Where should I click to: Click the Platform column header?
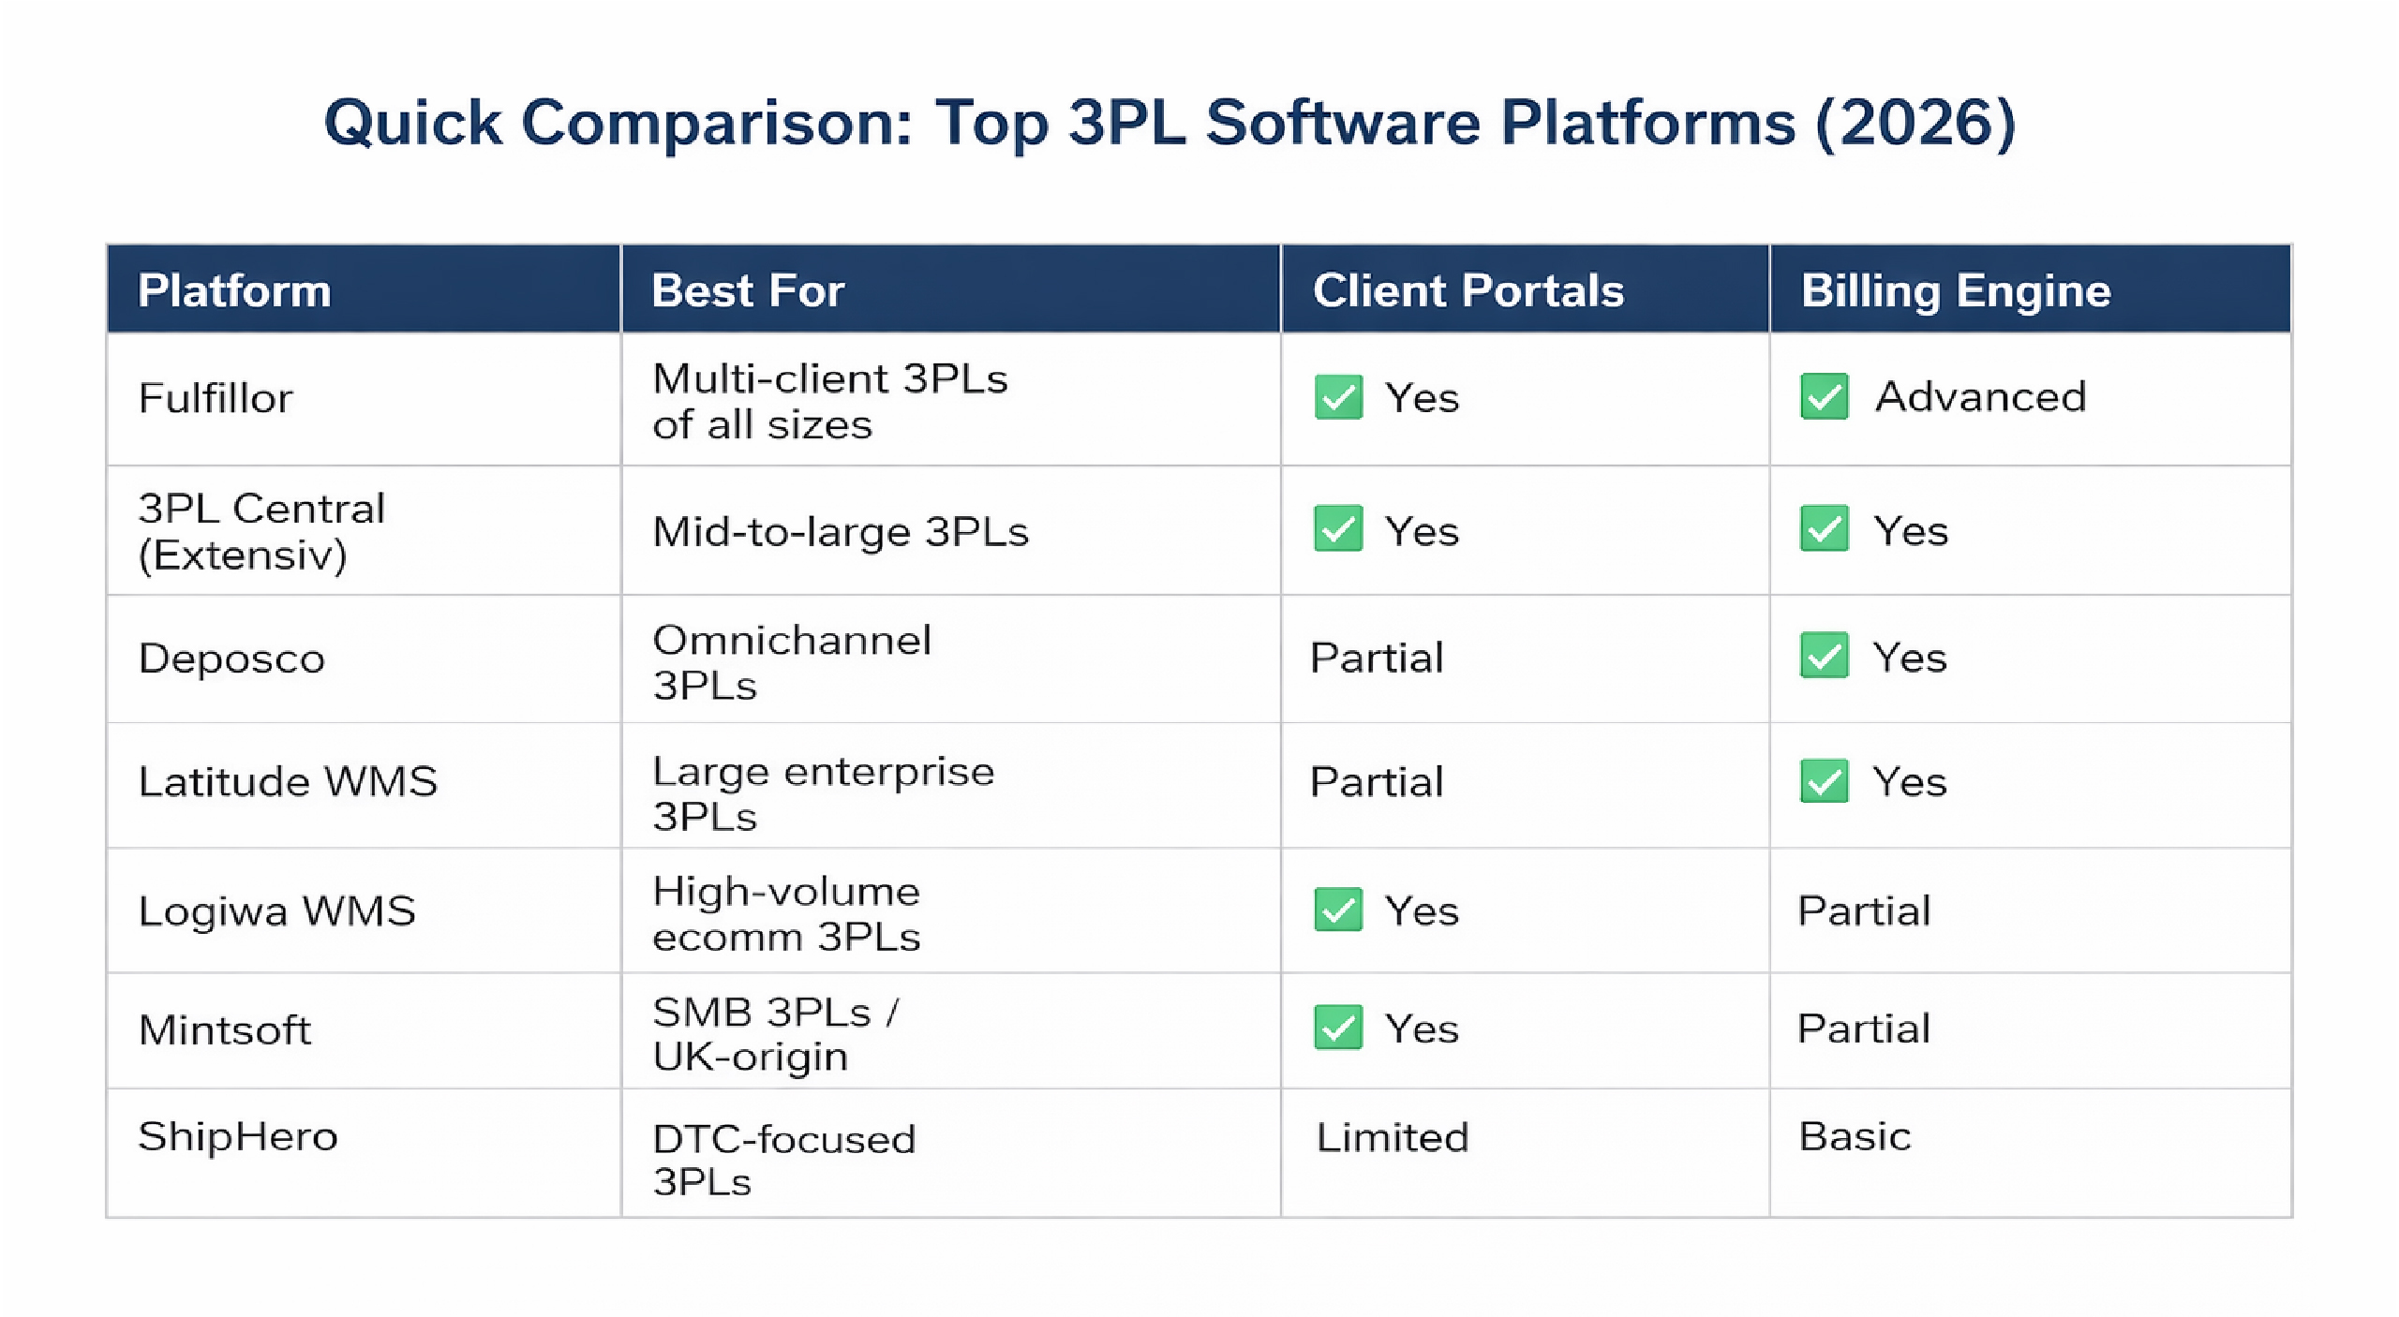click(x=234, y=290)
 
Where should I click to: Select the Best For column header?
click(x=747, y=290)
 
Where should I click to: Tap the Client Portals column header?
click(x=1468, y=290)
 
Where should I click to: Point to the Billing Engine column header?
click(x=1955, y=290)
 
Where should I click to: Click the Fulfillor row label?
click(x=216, y=398)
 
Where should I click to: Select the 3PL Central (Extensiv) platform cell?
click(x=261, y=531)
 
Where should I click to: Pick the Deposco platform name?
click(x=231, y=658)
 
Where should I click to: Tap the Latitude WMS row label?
click(x=287, y=782)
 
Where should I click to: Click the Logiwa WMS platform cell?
click(x=276, y=911)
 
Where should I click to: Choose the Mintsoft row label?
click(x=224, y=1030)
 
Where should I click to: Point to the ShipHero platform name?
click(x=237, y=1136)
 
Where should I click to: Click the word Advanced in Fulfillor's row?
click(x=1979, y=397)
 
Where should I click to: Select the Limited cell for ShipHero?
click(x=1392, y=1138)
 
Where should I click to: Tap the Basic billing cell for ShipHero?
click(x=1854, y=1137)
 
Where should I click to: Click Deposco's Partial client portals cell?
click(x=1376, y=658)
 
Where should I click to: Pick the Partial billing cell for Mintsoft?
click(x=1863, y=1029)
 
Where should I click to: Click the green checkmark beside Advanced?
click(x=1824, y=397)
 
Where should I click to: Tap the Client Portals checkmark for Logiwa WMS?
click(x=1337, y=910)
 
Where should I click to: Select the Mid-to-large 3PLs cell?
click(x=840, y=532)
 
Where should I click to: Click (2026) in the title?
click(x=1915, y=123)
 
